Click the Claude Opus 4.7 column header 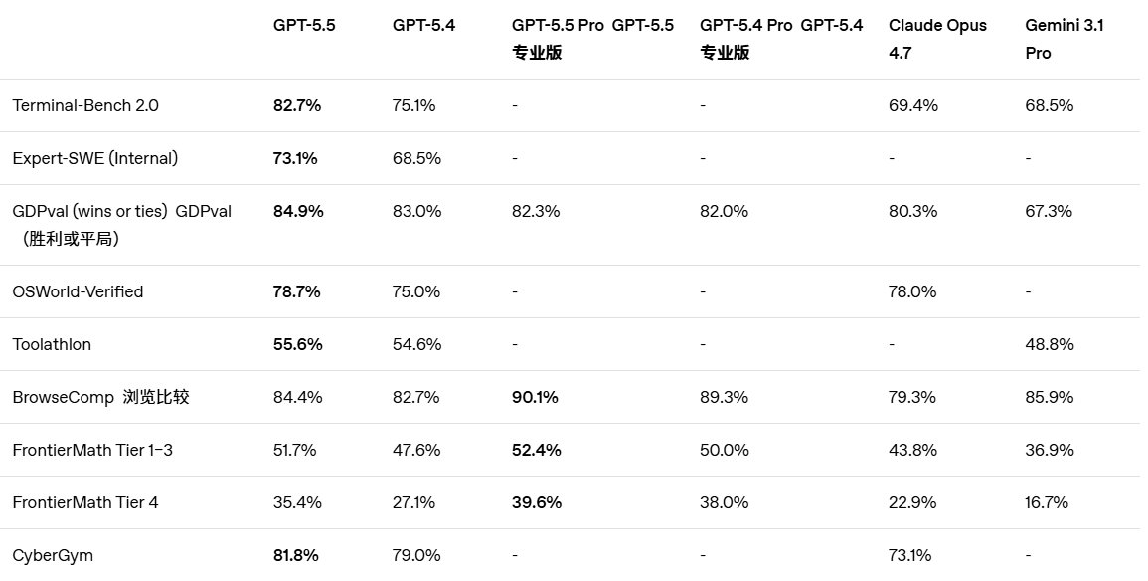[x=937, y=39]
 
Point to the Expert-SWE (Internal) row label [x=95, y=158]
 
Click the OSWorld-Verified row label [x=78, y=291]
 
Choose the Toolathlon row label [x=52, y=344]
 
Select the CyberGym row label [x=53, y=555]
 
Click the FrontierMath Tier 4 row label [x=85, y=502]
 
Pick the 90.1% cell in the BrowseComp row [x=536, y=397]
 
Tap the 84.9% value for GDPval [x=298, y=211]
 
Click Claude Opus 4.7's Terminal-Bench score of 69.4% [x=912, y=105]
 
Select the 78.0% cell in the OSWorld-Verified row [x=912, y=291]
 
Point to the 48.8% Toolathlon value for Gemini [x=1049, y=344]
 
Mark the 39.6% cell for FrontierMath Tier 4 [x=537, y=502]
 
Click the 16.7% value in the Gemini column [x=1047, y=502]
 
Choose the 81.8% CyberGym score [x=296, y=555]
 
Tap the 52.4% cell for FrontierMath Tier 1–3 [x=537, y=450]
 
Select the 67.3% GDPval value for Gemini [x=1049, y=211]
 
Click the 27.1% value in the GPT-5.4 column [x=413, y=502]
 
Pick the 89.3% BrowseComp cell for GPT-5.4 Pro [x=724, y=397]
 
